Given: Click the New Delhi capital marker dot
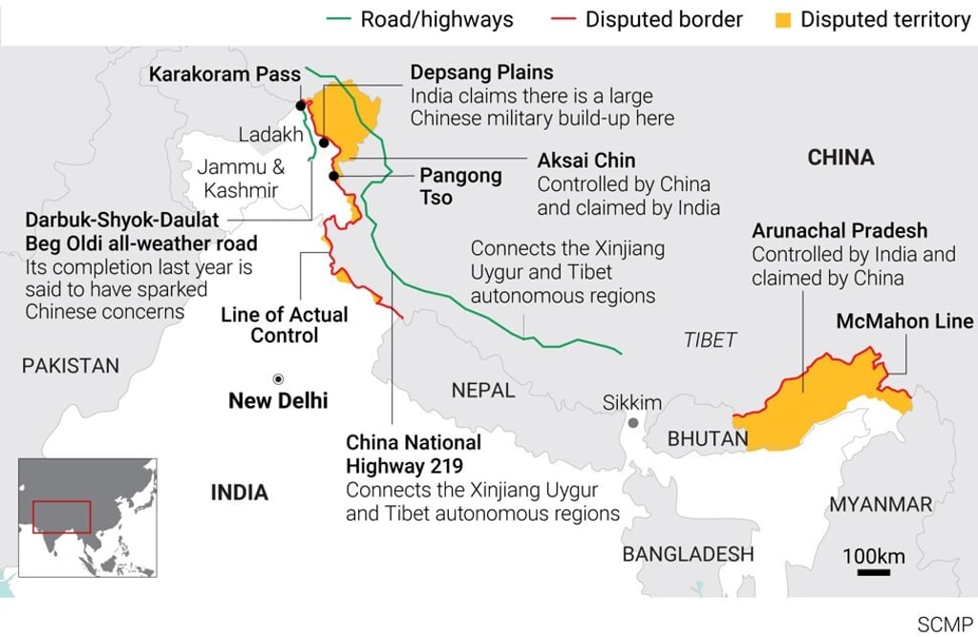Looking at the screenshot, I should coord(278,379).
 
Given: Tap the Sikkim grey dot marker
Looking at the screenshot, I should coord(632,422).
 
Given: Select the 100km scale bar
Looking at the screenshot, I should coord(873,572).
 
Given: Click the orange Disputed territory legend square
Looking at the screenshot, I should coord(781,20).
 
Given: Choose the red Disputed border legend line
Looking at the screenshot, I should coord(564,20).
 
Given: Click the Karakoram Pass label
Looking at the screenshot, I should coord(224,74).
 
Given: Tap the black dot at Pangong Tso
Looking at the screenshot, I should coord(334,176).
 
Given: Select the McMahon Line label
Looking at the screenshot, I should coord(904,321).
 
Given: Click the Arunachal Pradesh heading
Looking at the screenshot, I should coord(839,231).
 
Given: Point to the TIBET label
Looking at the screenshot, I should coord(711,340).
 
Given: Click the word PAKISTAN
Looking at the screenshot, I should coord(72,365).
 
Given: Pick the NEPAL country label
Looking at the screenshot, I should coord(483,390).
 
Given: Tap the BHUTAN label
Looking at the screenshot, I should coord(708,439).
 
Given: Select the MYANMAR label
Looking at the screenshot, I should coord(880,504).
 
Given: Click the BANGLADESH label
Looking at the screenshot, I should coord(688,554).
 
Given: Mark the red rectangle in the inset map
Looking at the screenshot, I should coord(61,516).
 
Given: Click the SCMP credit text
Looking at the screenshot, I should coord(945,625).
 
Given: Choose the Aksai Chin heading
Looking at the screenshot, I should coord(586,159).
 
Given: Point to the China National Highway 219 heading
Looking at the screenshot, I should coord(414,454).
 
